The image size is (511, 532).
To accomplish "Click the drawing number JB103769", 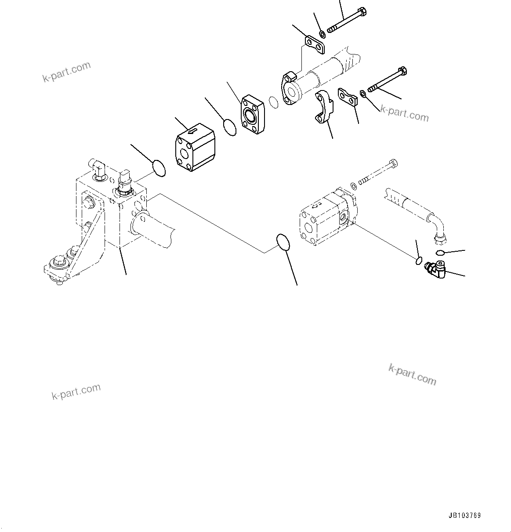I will [464, 516].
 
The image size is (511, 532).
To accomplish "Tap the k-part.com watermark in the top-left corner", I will [66, 72].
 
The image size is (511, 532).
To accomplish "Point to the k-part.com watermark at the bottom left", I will [76, 391].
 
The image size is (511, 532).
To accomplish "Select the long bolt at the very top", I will [347, 20].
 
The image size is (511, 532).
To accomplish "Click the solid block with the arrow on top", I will [194, 146].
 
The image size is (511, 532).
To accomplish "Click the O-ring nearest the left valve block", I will [159, 168].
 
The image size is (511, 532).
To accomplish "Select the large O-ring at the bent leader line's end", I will [283, 242].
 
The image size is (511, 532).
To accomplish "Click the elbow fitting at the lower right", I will [435, 268].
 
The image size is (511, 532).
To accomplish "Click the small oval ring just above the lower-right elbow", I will [440, 252].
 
